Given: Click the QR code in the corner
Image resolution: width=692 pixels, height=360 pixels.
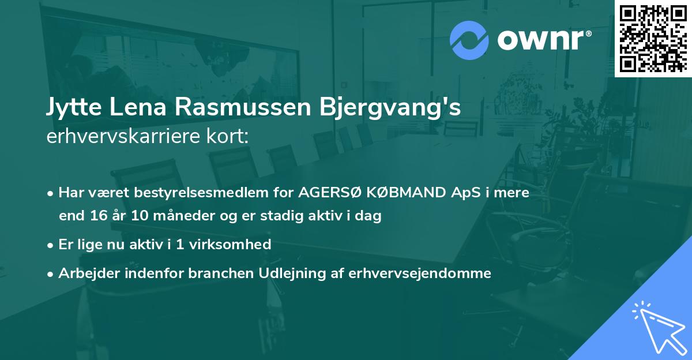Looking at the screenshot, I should (x=653, y=38).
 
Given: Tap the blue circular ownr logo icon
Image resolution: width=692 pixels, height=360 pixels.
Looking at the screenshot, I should (x=469, y=40).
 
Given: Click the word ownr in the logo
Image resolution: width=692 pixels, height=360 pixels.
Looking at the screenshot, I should (x=542, y=40).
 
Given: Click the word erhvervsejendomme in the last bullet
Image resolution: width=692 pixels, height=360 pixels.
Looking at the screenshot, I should (x=420, y=273).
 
